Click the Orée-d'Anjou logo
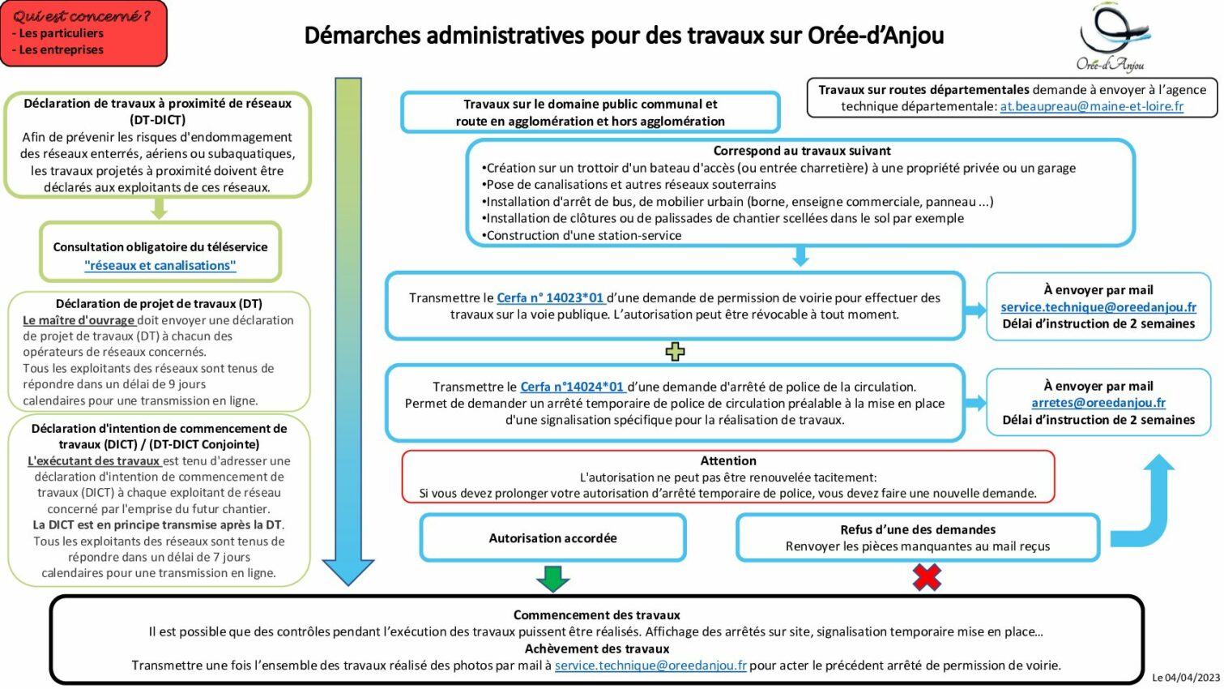(x=1112, y=37)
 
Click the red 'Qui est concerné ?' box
(x=83, y=33)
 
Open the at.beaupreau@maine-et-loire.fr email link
(x=1091, y=106)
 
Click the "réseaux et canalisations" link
(x=160, y=266)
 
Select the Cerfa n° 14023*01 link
(x=550, y=298)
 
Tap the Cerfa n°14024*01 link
(x=572, y=387)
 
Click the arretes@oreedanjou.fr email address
(x=1098, y=403)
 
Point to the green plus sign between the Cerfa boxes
(x=675, y=351)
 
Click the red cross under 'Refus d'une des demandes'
(x=927, y=577)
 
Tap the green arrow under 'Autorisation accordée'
(x=553, y=579)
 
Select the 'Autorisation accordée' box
(x=552, y=538)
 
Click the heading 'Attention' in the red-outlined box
(x=728, y=460)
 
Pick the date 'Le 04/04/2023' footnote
(x=1185, y=678)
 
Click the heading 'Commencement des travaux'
(x=596, y=615)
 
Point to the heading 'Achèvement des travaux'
(x=596, y=648)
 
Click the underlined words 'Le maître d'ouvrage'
(x=79, y=320)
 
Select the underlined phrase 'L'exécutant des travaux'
(x=93, y=460)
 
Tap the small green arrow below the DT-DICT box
(x=159, y=209)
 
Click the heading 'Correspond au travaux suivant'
(x=801, y=151)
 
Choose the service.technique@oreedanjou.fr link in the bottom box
(x=650, y=665)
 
